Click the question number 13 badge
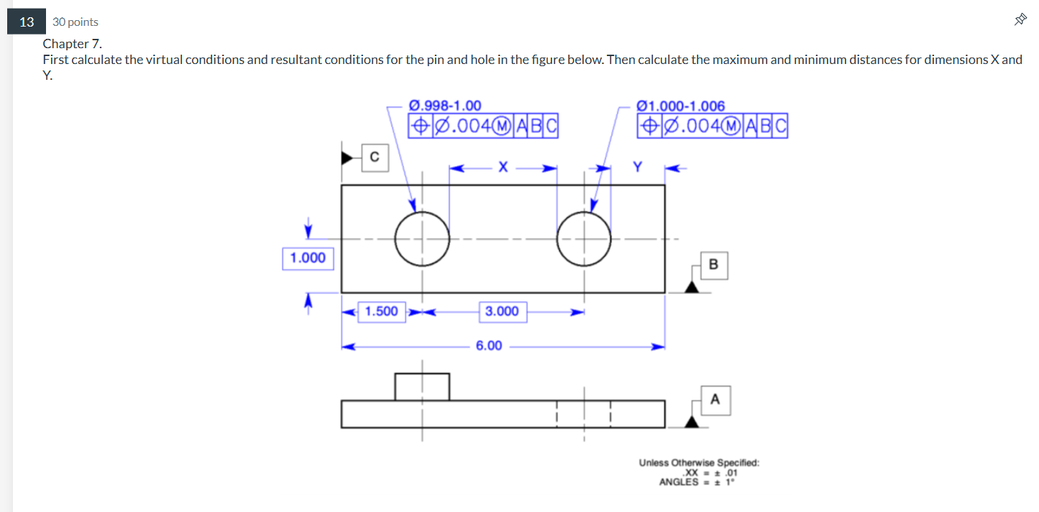[x=27, y=22]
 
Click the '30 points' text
[x=75, y=22]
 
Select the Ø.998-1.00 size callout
[x=445, y=106]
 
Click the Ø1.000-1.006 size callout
[x=681, y=106]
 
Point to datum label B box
[x=713, y=265]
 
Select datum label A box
[x=715, y=400]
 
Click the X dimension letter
[x=503, y=168]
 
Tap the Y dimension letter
[x=637, y=168]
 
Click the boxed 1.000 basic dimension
[x=308, y=257]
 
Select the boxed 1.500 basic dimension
[x=381, y=311]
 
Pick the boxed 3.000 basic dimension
[x=502, y=311]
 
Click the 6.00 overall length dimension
[x=489, y=346]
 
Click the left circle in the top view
[x=422, y=239]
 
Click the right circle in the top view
[x=584, y=239]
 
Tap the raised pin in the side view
[x=422, y=386]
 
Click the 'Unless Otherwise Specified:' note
[x=699, y=463]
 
